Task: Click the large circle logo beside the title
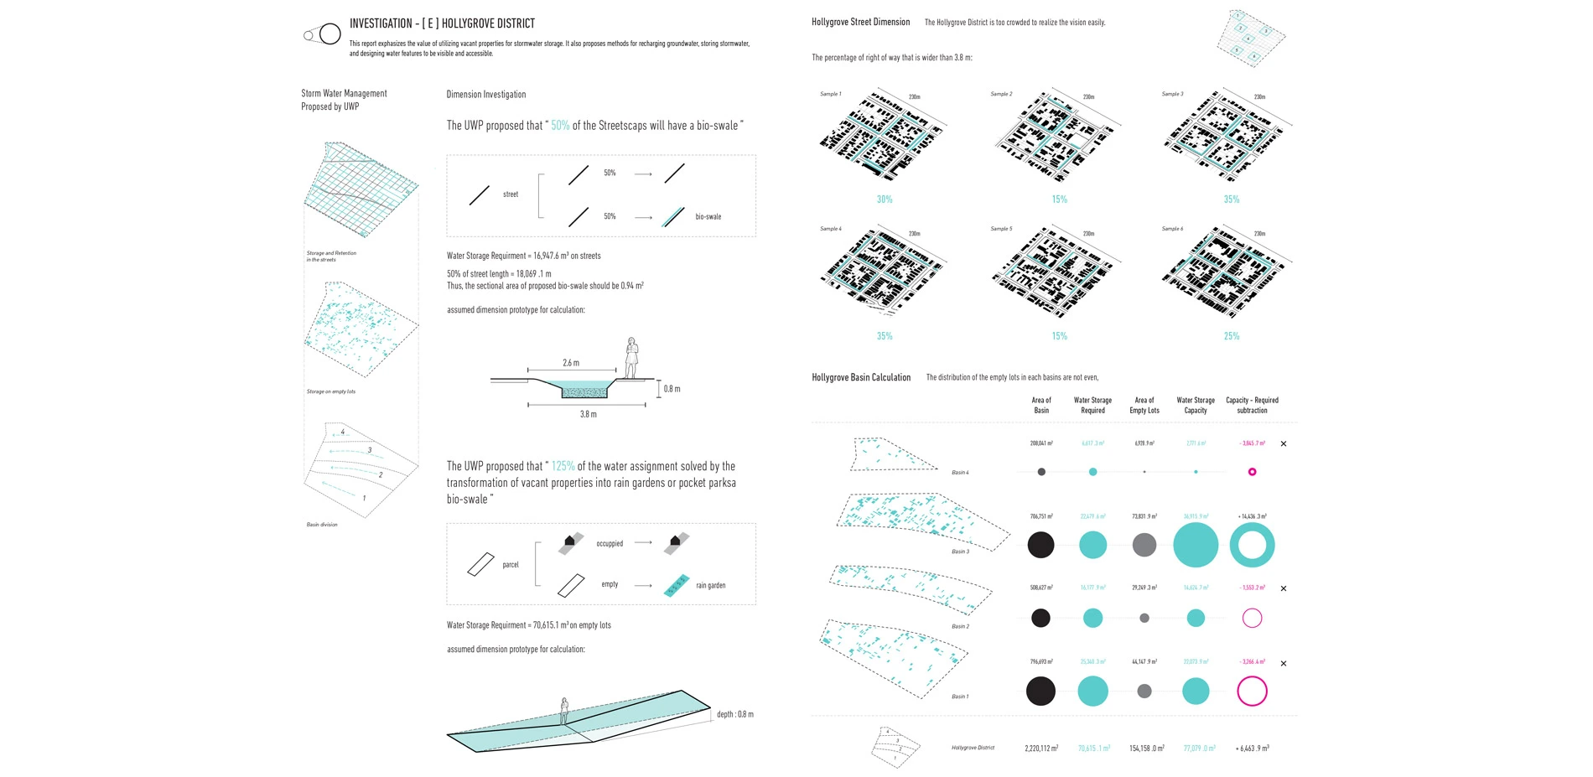pyautogui.click(x=330, y=34)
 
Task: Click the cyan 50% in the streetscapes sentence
pyautogui.click(x=560, y=126)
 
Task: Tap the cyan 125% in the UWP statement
pyautogui.click(x=563, y=466)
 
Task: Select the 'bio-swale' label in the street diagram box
pyautogui.click(x=708, y=216)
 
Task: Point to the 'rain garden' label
pyautogui.click(x=710, y=586)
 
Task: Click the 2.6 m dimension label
pyautogui.click(x=571, y=363)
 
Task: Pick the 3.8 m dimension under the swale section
pyautogui.click(x=589, y=414)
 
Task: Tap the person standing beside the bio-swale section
pyautogui.click(x=631, y=358)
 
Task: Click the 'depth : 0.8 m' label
pyautogui.click(x=734, y=714)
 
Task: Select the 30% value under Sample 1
pyautogui.click(x=885, y=199)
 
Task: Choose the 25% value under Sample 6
pyautogui.click(x=1231, y=336)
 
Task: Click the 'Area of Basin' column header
pyautogui.click(x=1041, y=405)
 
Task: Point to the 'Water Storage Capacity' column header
pyautogui.click(x=1196, y=405)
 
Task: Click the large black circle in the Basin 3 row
pyautogui.click(x=1040, y=545)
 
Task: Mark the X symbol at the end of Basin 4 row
pyautogui.click(x=1284, y=443)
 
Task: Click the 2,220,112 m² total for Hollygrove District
pyautogui.click(x=1041, y=749)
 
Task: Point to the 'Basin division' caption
pyautogui.click(x=322, y=525)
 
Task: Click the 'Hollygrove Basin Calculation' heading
pyautogui.click(x=861, y=377)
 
